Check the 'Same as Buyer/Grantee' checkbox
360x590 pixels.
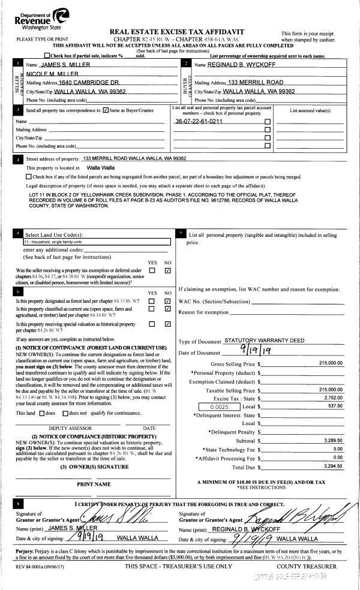[106, 110]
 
